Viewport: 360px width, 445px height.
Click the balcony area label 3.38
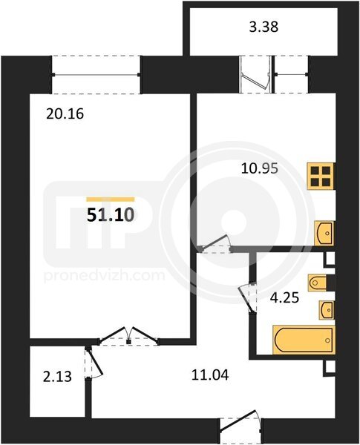pos(264,27)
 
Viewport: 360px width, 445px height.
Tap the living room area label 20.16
pos(65,114)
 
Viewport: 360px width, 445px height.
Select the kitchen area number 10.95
pos(259,169)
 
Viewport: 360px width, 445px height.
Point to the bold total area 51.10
pos(111,215)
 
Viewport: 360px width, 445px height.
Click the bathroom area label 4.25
pos(284,298)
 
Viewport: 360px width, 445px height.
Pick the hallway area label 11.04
pos(210,375)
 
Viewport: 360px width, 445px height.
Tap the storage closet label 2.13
pos(57,378)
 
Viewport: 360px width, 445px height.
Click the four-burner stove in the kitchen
pos(321,176)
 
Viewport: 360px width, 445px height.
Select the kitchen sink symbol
pos(324,234)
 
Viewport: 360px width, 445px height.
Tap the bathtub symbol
pos(304,340)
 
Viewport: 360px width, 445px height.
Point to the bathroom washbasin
pos(327,310)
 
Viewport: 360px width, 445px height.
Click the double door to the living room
pos(128,336)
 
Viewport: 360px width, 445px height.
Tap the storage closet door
pos(93,363)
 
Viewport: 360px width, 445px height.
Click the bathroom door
pos(247,298)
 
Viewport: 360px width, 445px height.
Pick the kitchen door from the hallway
pos(215,244)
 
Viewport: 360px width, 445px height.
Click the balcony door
pos(255,73)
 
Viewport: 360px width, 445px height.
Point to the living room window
pos(96,75)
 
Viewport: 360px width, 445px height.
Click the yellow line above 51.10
pos(111,200)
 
